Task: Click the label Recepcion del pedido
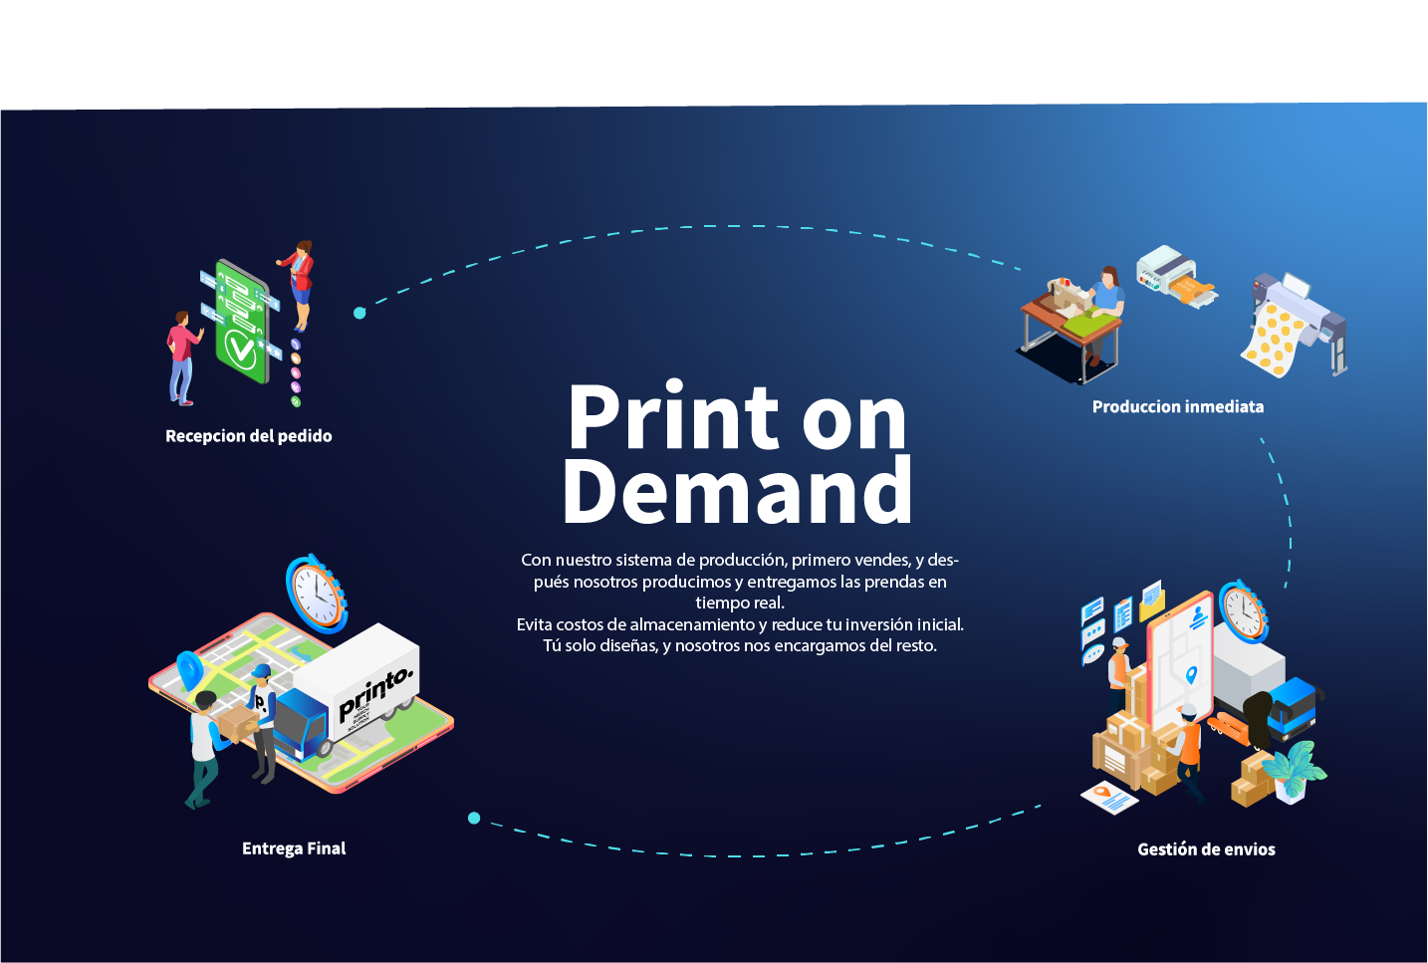point(248,436)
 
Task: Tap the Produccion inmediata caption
point(1177,406)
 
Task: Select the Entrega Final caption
point(294,848)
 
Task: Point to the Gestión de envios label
point(1206,849)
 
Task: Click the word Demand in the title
point(737,491)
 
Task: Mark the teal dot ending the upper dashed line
point(359,313)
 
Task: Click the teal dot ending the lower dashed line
point(474,818)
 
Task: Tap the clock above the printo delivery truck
point(317,594)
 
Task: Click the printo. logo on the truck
point(373,692)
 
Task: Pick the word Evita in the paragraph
point(534,624)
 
